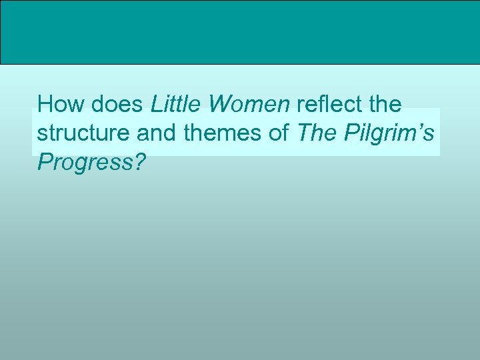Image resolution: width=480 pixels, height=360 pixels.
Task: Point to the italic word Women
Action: pos(248,105)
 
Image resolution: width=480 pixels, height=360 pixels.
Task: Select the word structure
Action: pos(83,134)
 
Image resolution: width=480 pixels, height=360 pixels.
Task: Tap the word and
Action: pos(157,133)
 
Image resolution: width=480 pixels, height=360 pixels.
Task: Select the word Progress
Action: pos(85,162)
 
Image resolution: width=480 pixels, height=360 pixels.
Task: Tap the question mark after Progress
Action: pos(139,161)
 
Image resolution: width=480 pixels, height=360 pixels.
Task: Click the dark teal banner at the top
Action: pos(240,32)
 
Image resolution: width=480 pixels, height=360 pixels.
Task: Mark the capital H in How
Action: pos(46,105)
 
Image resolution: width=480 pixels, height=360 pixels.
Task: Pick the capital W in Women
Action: pos(219,105)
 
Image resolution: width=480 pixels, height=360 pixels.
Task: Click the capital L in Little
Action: pos(156,105)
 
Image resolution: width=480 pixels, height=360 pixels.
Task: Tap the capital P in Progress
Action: pos(45,161)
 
